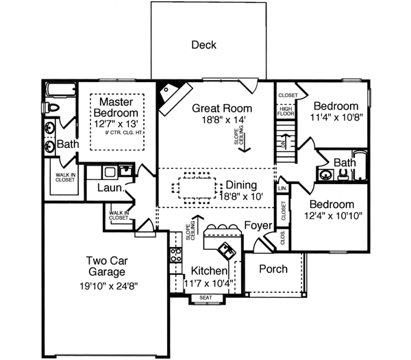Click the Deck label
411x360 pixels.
pyautogui.click(x=203, y=45)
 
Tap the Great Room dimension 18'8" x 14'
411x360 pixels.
pyautogui.click(x=221, y=120)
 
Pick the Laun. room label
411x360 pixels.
pyautogui.click(x=110, y=188)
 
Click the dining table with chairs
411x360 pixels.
pyautogui.click(x=199, y=188)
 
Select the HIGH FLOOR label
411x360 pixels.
pyautogui.click(x=284, y=111)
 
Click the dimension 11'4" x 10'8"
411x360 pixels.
pyautogui.click(x=336, y=117)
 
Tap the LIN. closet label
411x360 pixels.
pyautogui.click(x=282, y=187)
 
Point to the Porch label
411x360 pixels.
pyautogui.click(x=273, y=269)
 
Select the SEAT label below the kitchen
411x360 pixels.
pyautogui.click(x=206, y=298)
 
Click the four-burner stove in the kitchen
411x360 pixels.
pyautogui.click(x=175, y=255)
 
